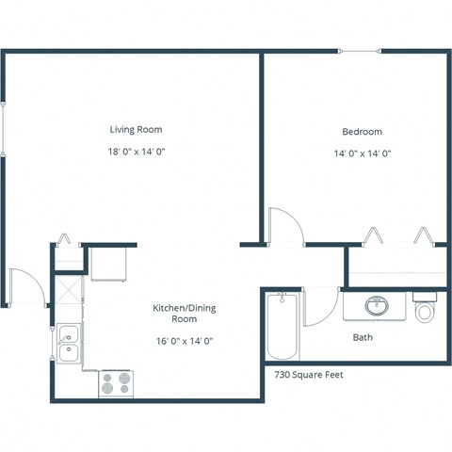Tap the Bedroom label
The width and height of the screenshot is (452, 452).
(362, 132)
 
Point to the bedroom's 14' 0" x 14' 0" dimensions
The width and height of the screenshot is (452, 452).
(362, 153)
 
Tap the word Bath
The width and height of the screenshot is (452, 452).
(362, 337)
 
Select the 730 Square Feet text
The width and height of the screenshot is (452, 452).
(309, 374)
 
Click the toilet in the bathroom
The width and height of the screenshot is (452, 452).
(426, 309)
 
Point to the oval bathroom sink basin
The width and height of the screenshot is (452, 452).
(377, 306)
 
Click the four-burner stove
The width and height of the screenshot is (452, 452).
(118, 383)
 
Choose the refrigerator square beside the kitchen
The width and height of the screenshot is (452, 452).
(110, 265)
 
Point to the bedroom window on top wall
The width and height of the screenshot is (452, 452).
(361, 52)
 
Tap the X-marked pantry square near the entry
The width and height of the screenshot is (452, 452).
(68, 285)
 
